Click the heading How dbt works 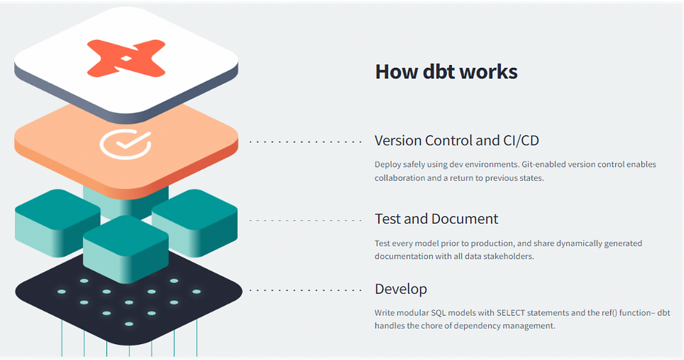pyautogui.click(x=446, y=72)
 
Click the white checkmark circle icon pyautogui.click(x=125, y=144)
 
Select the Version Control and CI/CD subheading pyautogui.click(x=457, y=140)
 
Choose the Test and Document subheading pyautogui.click(x=436, y=219)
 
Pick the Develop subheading pyautogui.click(x=401, y=289)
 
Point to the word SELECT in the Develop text pyautogui.click(x=511, y=313)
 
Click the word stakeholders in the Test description pyautogui.click(x=510, y=256)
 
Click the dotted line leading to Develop pyautogui.click(x=306, y=290)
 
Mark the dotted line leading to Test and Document pyautogui.click(x=306, y=220)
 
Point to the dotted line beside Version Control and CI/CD pyautogui.click(x=306, y=141)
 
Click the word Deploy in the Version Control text pyautogui.click(x=388, y=165)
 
